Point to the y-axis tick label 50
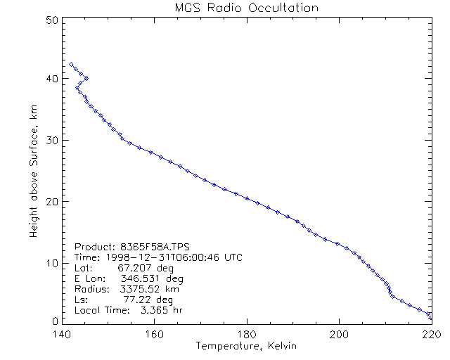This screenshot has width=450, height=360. pos(51,20)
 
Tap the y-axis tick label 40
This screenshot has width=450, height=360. pos(51,79)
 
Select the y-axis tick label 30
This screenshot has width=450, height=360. pos(51,141)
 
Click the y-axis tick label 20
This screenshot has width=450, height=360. pos(51,201)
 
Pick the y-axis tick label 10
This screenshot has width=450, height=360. pos(51,262)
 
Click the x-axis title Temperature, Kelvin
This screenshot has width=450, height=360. pos(246,346)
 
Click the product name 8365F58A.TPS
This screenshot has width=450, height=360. pos(144,247)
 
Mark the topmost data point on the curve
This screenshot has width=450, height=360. pos(71,64)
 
